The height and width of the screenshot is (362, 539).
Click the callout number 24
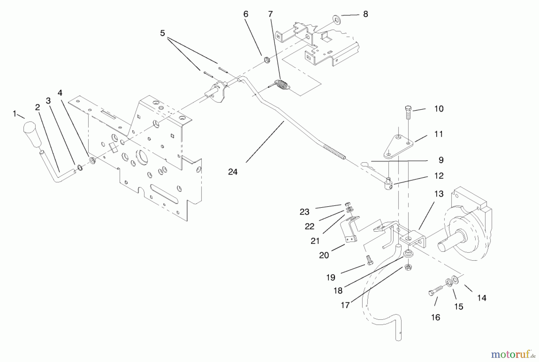[x=233, y=172]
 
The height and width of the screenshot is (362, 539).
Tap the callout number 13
[x=439, y=194]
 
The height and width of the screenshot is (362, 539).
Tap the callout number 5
[x=162, y=33]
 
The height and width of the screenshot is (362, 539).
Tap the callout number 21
[x=315, y=241]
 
